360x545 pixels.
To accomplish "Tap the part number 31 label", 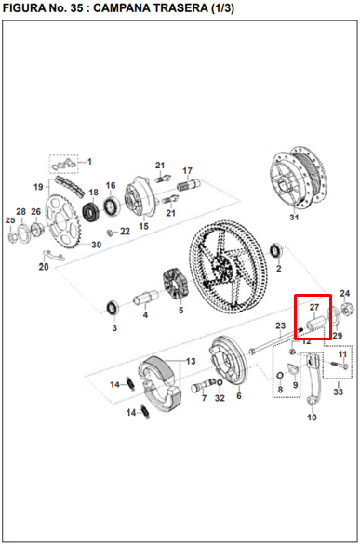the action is [x=294, y=218].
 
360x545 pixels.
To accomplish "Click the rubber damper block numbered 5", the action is [x=176, y=284].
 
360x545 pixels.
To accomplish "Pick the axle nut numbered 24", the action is [x=348, y=308].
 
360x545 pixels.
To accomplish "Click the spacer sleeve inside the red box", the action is [x=317, y=324].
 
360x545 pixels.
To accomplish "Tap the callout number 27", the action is [x=314, y=307].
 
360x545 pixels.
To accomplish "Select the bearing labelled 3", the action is [x=113, y=308].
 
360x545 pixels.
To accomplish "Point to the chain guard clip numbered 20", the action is [x=53, y=255].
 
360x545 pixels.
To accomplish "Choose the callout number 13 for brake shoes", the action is [x=191, y=362].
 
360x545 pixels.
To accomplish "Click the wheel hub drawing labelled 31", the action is [x=299, y=178].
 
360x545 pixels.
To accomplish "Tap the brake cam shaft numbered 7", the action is [x=203, y=385].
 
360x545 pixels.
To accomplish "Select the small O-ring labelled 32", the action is [x=220, y=382].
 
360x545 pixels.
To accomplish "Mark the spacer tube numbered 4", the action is [x=146, y=298].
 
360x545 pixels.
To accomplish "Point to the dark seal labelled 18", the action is [x=91, y=210].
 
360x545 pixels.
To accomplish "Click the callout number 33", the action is [x=338, y=392].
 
